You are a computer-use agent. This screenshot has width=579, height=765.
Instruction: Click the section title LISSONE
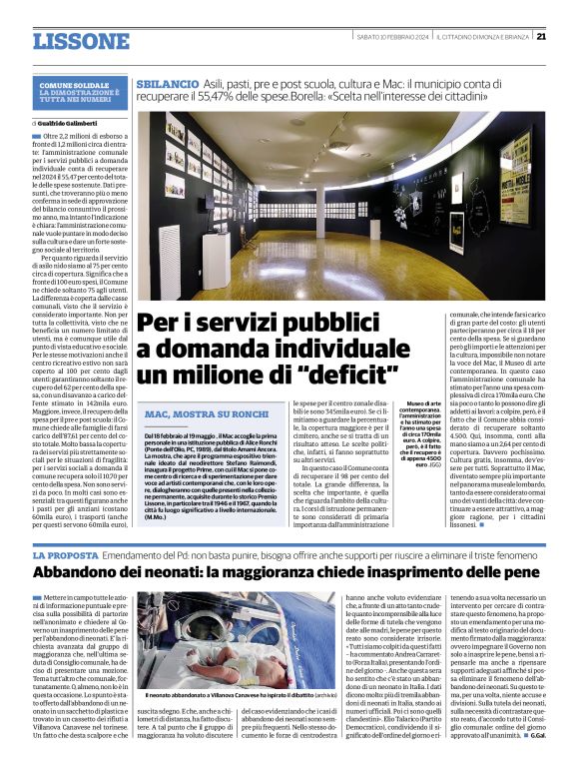pos(81,41)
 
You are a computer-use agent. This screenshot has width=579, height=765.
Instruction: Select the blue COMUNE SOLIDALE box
pos(82,90)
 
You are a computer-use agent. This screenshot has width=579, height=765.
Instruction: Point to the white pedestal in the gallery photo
pos(215,262)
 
